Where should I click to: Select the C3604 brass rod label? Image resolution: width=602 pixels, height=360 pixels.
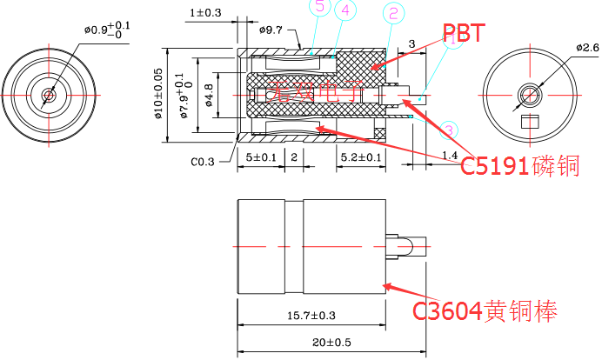click(x=485, y=310)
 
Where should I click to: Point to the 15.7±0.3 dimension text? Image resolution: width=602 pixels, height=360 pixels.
click(x=311, y=314)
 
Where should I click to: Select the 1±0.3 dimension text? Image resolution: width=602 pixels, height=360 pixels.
click(x=205, y=13)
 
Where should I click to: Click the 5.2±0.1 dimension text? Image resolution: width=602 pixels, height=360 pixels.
click(x=360, y=157)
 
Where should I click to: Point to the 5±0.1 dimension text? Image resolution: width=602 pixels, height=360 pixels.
click(x=261, y=157)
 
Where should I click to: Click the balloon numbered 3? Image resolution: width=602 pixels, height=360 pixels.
click(x=449, y=131)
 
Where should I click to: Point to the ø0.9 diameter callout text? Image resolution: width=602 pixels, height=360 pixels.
click(x=107, y=30)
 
